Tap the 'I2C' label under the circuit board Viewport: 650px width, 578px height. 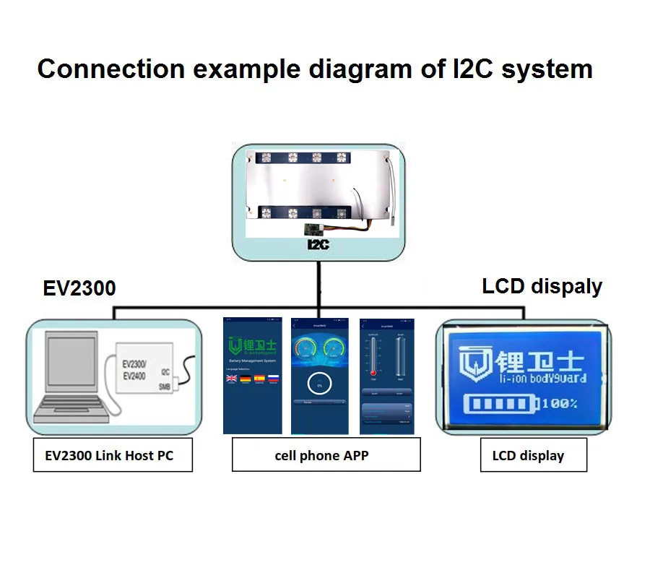(x=318, y=245)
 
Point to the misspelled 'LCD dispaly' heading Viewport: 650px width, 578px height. (x=542, y=286)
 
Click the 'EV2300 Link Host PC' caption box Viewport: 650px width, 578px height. (x=113, y=455)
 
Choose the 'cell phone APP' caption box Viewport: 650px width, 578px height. (x=326, y=455)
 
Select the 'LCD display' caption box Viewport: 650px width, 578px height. (x=533, y=456)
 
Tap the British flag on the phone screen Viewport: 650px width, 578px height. (x=232, y=378)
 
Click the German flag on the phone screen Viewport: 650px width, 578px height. (x=246, y=378)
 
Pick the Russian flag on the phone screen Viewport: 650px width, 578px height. (x=273, y=378)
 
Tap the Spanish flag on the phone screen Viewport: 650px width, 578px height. (x=259, y=378)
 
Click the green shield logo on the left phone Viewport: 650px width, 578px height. (x=235, y=345)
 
